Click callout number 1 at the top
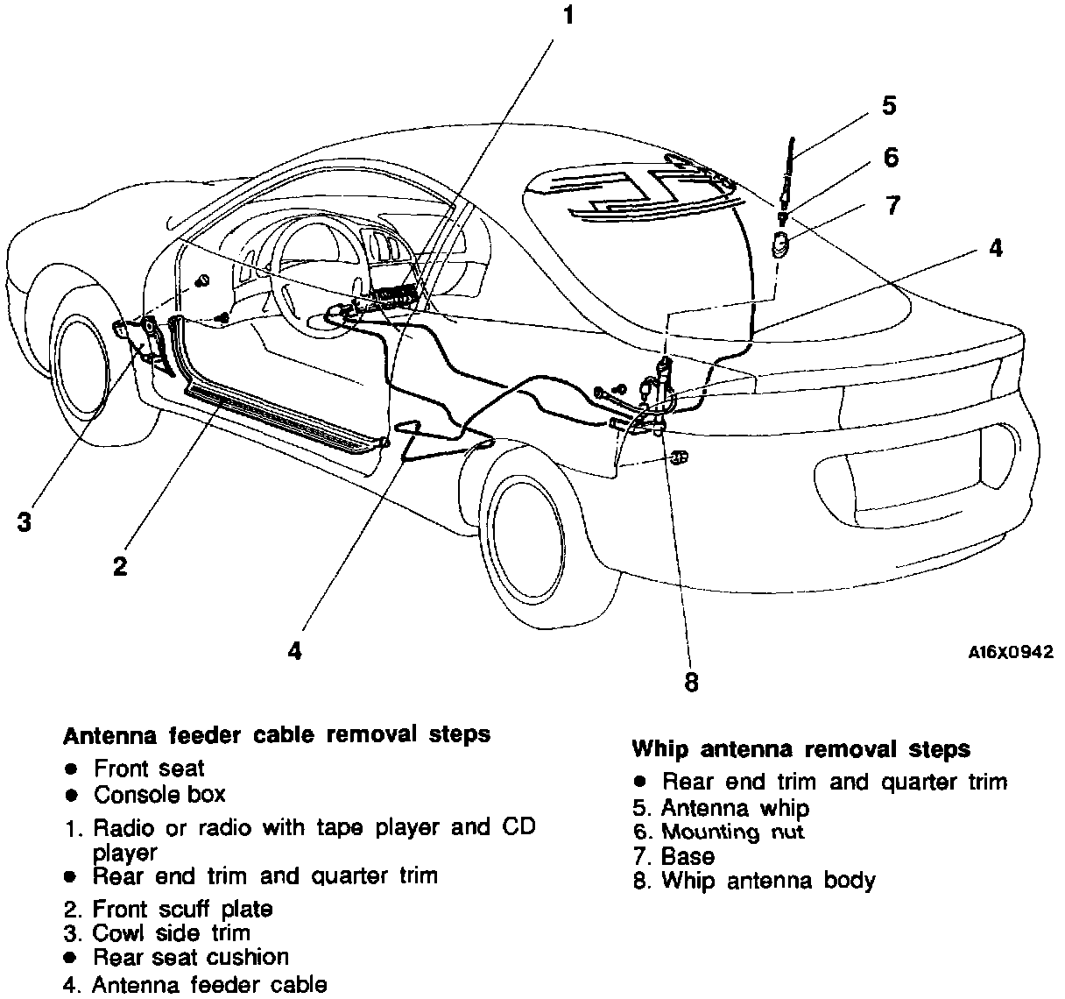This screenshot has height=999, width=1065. click(568, 17)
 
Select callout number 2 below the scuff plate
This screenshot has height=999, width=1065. click(120, 565)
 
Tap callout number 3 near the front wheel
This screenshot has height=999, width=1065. click(25, 521)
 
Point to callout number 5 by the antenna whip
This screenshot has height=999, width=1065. click(888, 105)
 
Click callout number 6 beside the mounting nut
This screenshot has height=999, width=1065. click(890, 157)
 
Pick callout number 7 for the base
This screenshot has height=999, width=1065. click(892, 206)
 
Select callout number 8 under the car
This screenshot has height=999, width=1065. click(691, 682)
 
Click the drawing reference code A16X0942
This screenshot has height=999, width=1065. click(1010, 652)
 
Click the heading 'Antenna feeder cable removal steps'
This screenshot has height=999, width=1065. click(276, 733)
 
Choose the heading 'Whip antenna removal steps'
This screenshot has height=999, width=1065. click(801, 749)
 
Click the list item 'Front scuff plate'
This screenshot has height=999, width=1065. click(182, 909)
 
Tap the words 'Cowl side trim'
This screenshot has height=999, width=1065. click(171, 933)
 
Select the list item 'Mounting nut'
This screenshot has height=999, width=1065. click(732, 832)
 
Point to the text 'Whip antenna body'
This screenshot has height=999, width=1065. click(768, 881)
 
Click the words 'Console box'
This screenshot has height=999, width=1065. click(159, 795)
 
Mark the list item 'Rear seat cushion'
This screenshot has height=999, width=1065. click(191, 957)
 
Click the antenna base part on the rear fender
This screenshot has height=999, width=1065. click(780, 244)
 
